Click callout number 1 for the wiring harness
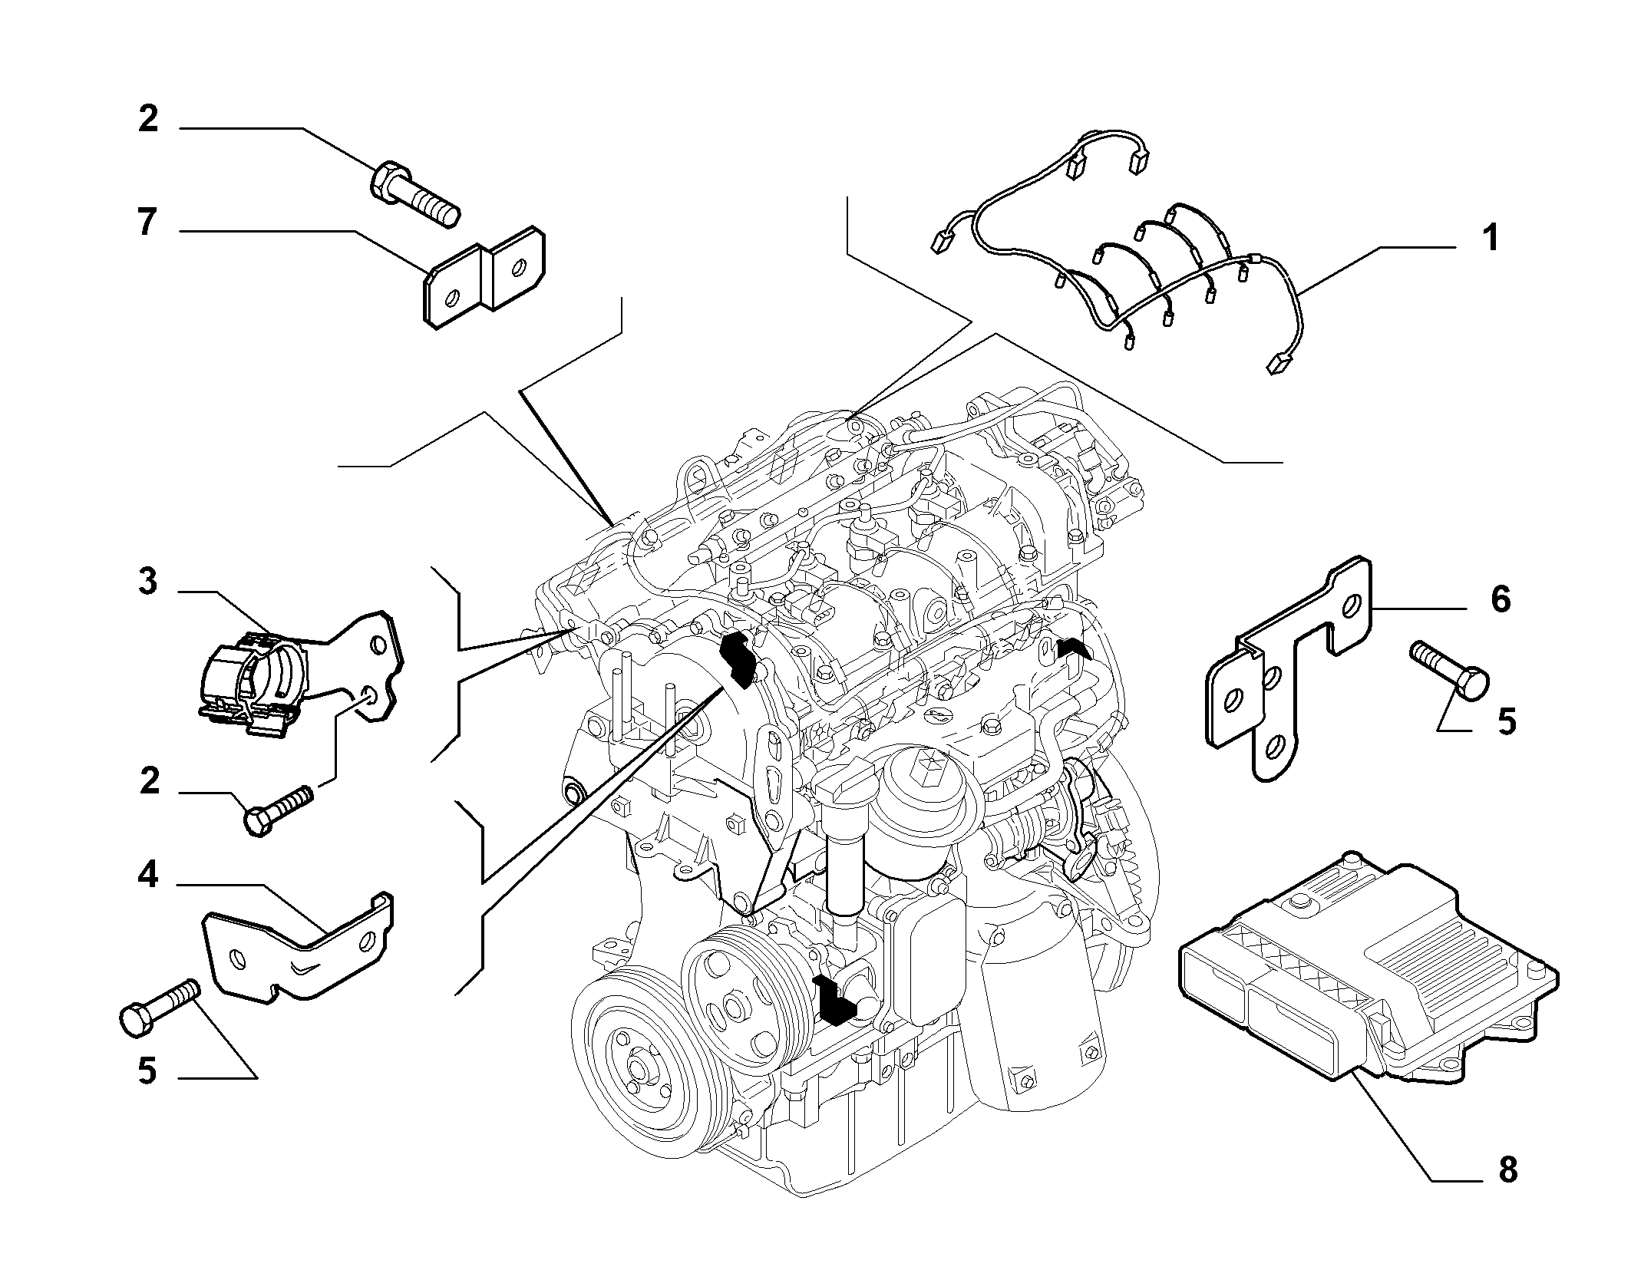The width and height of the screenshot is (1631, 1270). (x=1490, y=239)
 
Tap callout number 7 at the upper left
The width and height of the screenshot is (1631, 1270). (x=147, y=223)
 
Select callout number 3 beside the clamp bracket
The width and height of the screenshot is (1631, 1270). (x=147, y=582)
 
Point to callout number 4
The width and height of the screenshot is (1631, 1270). (x=147, y=875)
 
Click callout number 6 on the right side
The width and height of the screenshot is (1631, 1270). (x=1500, y=599)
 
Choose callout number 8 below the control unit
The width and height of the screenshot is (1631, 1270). (x=1507, y=1191)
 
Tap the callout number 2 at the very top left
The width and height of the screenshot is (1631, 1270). (x=148, y=119)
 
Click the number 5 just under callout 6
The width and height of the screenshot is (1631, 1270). (x=1507, y=722)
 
